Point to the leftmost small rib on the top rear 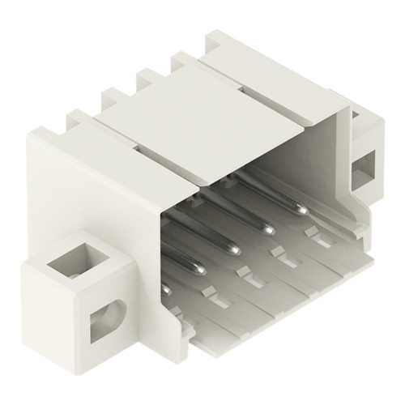(x=80, y=121)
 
